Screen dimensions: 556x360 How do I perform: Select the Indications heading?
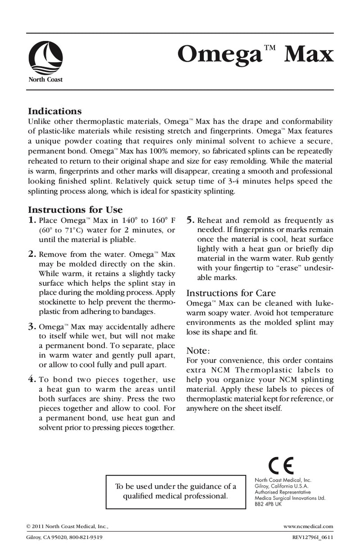pos(54,111)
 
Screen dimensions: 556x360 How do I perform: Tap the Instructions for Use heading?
pos(75,210)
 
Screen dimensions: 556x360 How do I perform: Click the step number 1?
pos(32,220)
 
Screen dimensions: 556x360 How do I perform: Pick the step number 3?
pos(32,327)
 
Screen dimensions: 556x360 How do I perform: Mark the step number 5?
pos(190,220)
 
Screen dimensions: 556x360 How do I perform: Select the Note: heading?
pos(198,350)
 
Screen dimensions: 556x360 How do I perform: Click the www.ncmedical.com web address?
pos(309,525)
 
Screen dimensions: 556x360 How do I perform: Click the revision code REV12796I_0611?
pos(311,538)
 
